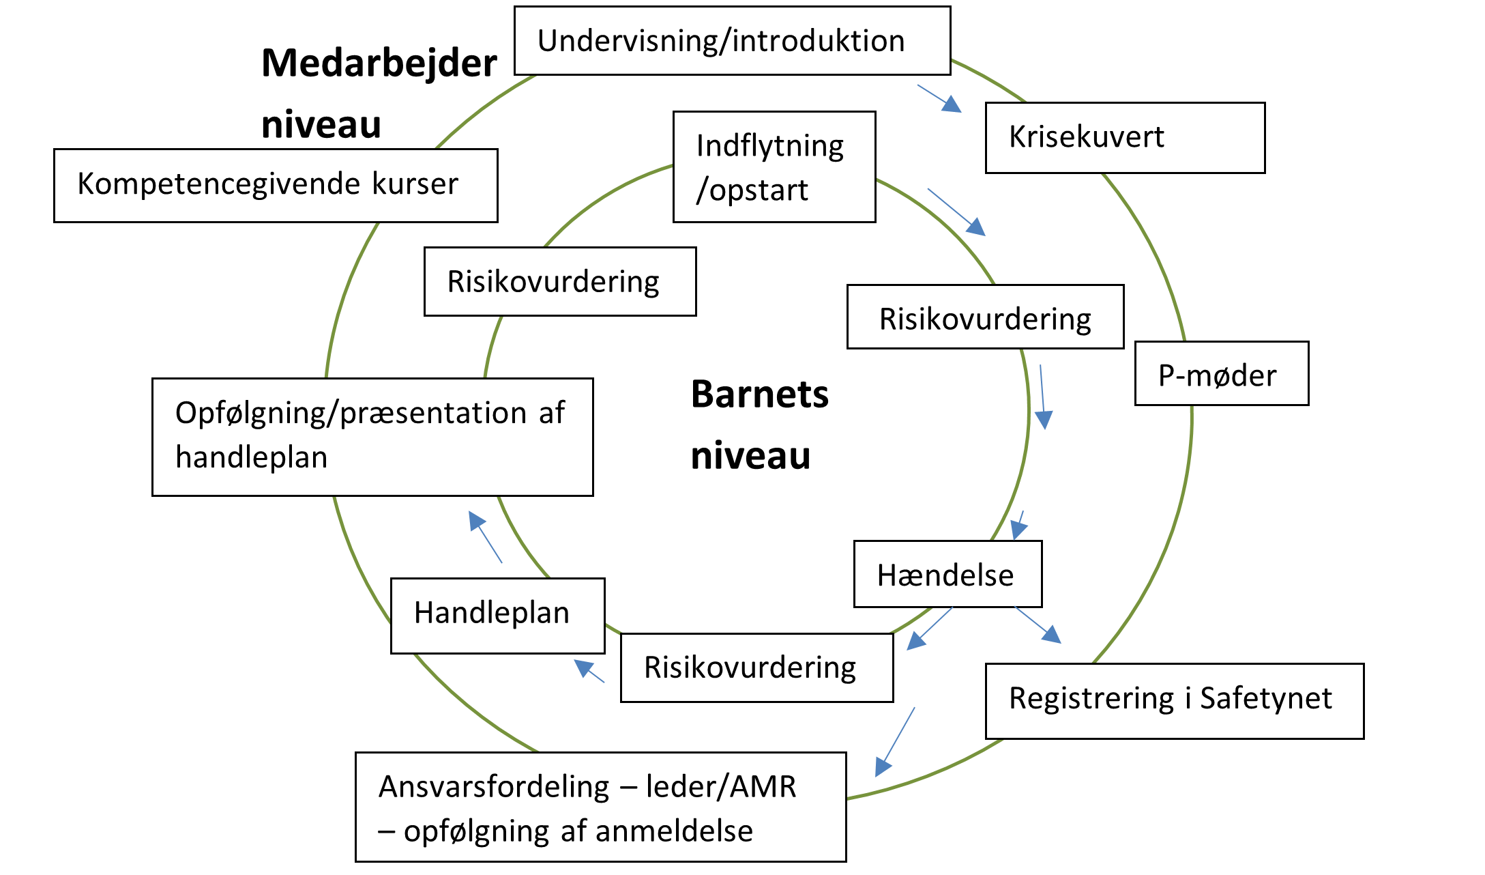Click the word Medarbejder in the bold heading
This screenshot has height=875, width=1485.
point(379,63)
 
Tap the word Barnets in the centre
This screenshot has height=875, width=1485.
point(759,395)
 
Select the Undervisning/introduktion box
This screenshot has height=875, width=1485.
point(732,41)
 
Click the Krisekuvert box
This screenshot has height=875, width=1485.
point(1123,137)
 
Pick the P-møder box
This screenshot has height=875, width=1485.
point(1220,375)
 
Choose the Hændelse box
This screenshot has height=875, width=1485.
point(947,575)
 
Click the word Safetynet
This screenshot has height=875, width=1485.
point(1265,698)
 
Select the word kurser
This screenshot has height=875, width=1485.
point(415,184)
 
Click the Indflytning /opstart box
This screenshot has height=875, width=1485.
point(774,167)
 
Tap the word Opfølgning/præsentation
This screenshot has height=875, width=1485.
point(351,413)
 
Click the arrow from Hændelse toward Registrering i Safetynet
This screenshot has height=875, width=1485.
point(1038,625)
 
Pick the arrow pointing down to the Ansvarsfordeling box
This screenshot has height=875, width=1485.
point(894,742)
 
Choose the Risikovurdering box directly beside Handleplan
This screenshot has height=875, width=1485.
point(756,668)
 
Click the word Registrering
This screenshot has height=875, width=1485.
point(1091,698)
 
